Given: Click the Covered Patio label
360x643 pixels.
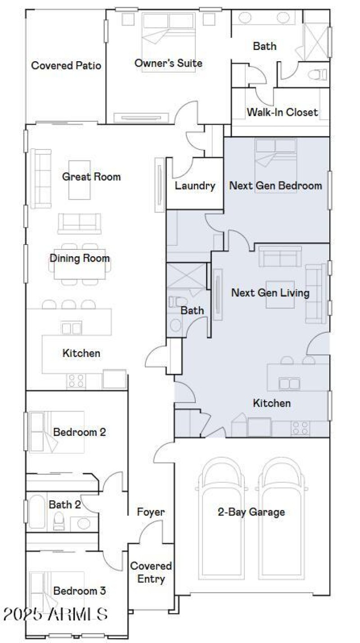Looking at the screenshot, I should [x=66, y=66].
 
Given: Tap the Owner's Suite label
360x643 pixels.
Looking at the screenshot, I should [x=168, y=63].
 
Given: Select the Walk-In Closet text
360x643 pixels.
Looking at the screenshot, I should [x=282, y=112].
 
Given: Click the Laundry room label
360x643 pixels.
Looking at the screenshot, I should [x=195, y=186].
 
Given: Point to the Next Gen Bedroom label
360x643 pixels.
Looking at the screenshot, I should [x=275, y=185].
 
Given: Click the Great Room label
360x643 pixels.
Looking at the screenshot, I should [x=91, y=177].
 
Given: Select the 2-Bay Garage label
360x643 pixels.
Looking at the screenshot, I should [x=251, y=512].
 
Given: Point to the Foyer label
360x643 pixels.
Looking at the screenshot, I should [x=151, y=512].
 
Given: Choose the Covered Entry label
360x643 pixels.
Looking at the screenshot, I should [x=151, y=572].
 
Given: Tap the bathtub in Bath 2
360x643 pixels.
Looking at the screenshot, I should [x=36, y=512].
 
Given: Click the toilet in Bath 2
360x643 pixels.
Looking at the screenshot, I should [x=59, y=521].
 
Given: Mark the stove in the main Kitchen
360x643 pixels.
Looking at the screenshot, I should [x=76, y=380].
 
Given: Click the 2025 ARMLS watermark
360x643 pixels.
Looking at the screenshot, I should [x=55, y=614].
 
